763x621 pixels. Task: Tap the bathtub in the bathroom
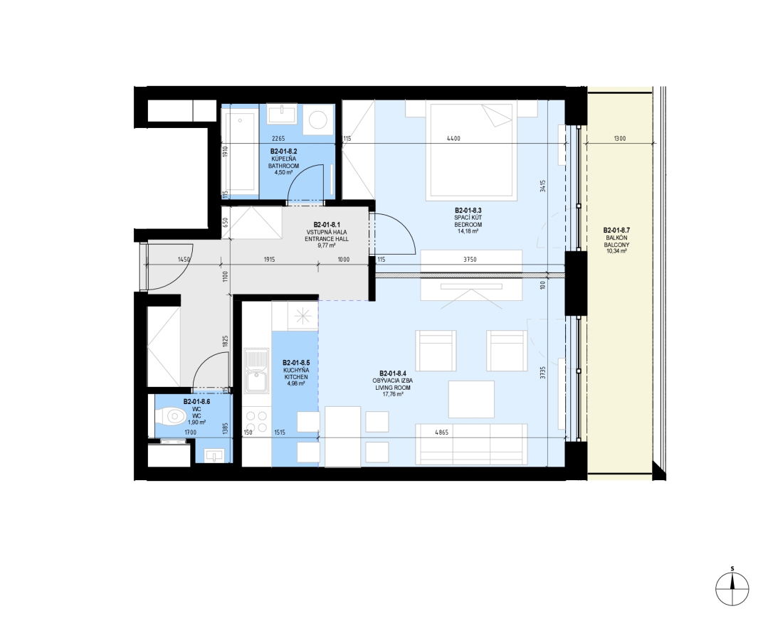pos(239,152)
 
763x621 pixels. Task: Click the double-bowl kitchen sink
pos(256,371)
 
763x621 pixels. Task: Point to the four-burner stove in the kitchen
pos(256,422)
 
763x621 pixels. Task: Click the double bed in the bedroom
pos(471,152)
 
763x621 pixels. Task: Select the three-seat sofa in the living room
pos(471,444)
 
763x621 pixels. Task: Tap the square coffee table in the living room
pos(471,399)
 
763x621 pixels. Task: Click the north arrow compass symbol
pos(732,588)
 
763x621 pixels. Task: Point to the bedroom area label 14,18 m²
pos(468,231)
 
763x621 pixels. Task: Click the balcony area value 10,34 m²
pos(616,251)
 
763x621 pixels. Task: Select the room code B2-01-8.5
pos(296,363)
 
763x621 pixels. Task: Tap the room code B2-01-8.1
pos(327,225)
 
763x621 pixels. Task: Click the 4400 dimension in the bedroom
pos(453,139)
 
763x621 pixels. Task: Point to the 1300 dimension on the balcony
pos(619,139)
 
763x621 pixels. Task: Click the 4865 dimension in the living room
pos(441,432)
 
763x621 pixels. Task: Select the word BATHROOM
pos(284,166)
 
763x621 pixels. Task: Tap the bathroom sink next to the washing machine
pos(282,115)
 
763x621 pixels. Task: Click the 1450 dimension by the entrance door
pos(184,259)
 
